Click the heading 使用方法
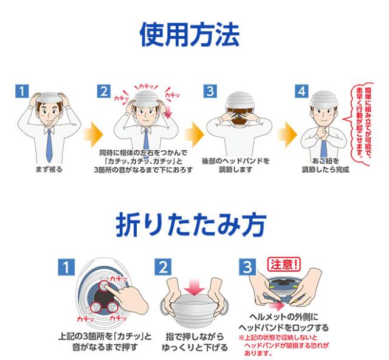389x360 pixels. point(190,35)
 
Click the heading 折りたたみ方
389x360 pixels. point(191,224)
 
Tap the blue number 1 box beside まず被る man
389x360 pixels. point(22,91)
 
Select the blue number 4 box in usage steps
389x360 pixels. point(301,91)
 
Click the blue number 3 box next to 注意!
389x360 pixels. point(247,267)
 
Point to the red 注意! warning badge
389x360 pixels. point(284,265)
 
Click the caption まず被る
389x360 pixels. point(49,170)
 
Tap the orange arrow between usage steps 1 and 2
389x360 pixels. point(94,134)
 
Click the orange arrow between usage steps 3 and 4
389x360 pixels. point(287,134)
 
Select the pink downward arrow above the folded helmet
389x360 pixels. point(194,287)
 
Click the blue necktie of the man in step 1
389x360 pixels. point(49,145)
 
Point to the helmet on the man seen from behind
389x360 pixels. point(239,102)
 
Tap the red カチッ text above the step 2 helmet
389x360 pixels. point(146,86)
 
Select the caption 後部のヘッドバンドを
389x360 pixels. point(236,161)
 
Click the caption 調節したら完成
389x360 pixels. point(325,170)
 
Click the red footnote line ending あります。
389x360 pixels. point(258,353)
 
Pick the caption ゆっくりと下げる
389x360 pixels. point(195,347)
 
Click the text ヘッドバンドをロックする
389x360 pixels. point(284,328)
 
